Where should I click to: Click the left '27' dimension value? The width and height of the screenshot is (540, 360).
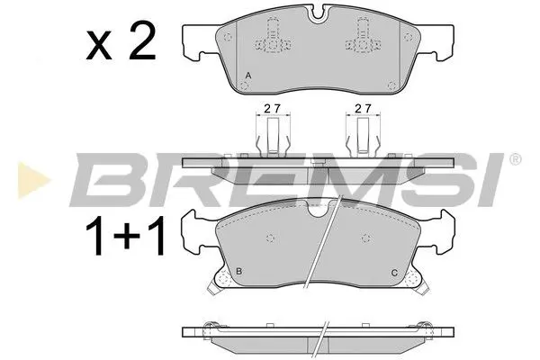(x=269, y=109)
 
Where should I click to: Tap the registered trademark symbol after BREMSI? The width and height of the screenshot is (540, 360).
(x=514, y=160)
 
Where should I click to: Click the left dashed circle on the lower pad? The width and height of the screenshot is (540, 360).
(x=269, y=237)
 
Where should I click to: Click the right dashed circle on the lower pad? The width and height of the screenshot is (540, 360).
(x=364, y=237)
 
